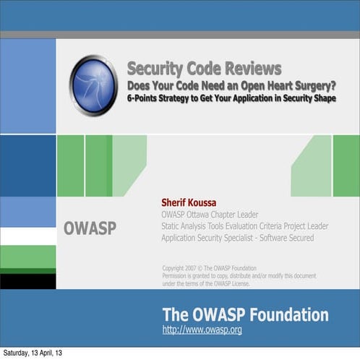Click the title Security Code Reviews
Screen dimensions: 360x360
pos(204,69)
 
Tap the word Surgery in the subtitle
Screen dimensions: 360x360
pos(312,85)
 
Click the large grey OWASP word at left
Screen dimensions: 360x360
pos(90,228)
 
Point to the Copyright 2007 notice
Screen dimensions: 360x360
pos(210,267)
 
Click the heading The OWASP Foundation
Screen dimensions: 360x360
pos(245,315)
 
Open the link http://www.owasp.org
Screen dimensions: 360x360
pos(202,330)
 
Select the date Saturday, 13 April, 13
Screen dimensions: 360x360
pos(32,353)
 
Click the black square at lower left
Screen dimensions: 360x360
pos(27,280)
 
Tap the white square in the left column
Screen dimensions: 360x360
pos(27,236)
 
